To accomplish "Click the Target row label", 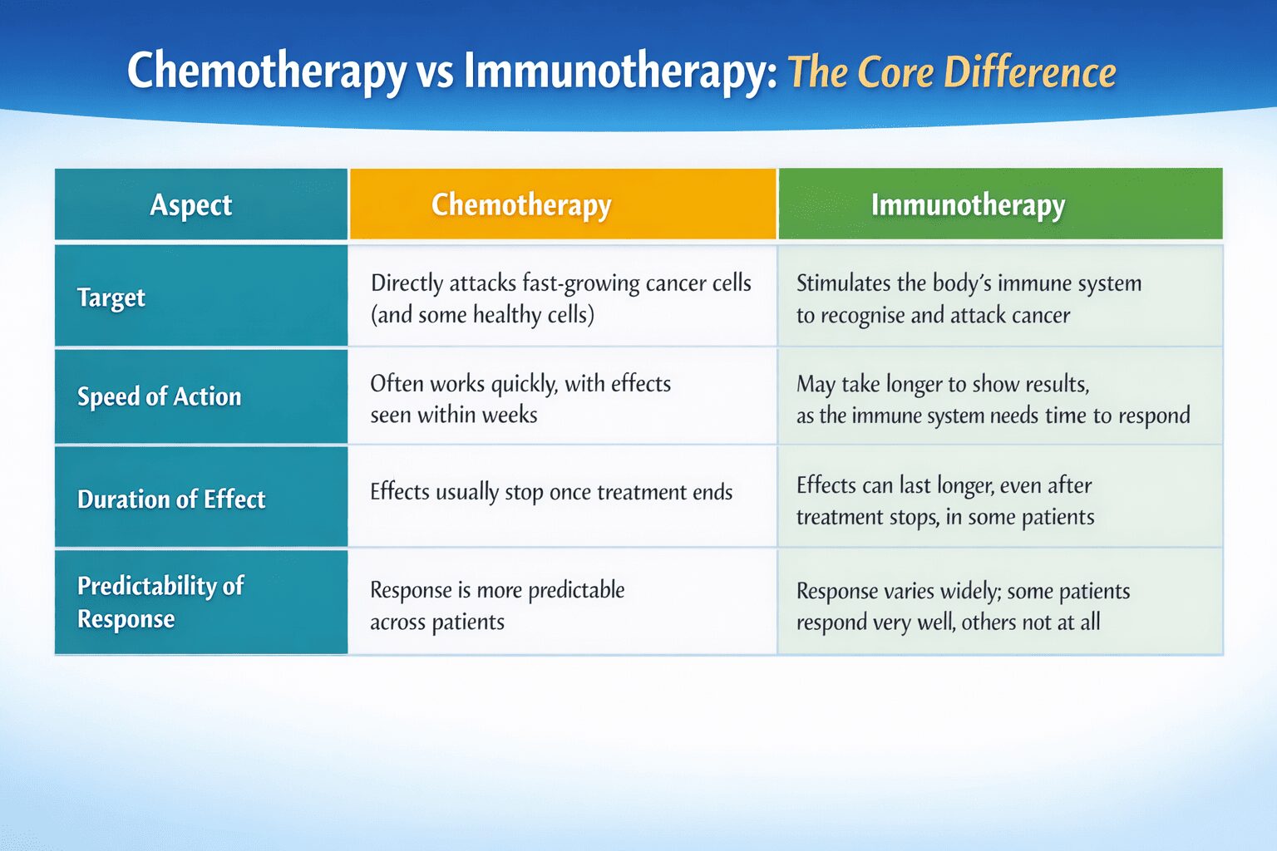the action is (x=111, y=298).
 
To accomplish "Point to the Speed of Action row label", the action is (x=159, y=396).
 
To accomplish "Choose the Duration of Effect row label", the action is (x=171, y=499).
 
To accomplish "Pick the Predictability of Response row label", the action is (x=160, y=603).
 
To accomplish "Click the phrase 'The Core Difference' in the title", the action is (x=951, y=72).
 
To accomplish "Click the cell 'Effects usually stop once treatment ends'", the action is (x=551, y=492).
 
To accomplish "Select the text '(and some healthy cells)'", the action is (x=482, y=315).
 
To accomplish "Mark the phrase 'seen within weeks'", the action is (x=454, y=415).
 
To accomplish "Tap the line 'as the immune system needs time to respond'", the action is (x=993, y=416).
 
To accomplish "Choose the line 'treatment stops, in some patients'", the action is (x=945, y=517).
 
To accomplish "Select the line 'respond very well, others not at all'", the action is (x=948, y=622).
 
